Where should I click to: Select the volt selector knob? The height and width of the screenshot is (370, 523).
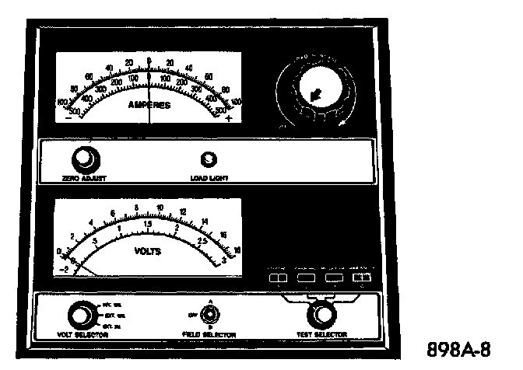[x=79, y=315]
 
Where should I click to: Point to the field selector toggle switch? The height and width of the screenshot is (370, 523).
[x=208, y=315]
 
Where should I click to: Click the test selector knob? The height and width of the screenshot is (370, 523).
[x=320, y=315]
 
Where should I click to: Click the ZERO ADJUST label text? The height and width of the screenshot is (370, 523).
[x=83, y=178]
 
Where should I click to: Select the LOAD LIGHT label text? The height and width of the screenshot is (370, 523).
[x=208, y=178]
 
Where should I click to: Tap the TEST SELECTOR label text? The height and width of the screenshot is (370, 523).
[x=321, y=334]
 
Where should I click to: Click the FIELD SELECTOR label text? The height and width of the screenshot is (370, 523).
[x=208, y=334]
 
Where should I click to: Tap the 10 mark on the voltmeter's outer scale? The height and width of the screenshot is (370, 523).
[x=160, y=208]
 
